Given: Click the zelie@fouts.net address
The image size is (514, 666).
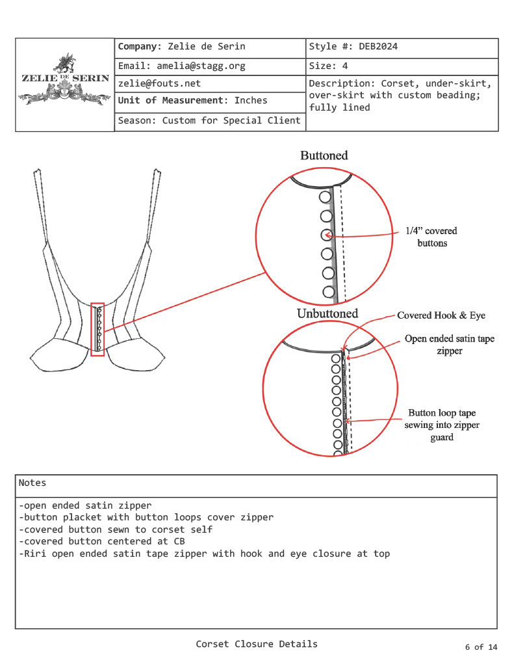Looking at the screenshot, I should pos(159,83).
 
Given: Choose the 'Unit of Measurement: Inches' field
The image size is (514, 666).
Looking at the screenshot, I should pos(192,101).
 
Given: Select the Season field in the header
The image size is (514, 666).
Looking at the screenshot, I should pos(209,121).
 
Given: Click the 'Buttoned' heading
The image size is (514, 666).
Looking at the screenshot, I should pos(324,155).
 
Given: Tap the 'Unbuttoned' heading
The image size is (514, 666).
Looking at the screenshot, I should pos(328,313).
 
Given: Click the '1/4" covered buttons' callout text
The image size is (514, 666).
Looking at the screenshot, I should pos(431,237).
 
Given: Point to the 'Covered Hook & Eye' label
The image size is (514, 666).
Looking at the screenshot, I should pos(441,315).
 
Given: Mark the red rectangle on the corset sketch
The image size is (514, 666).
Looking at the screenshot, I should pos(97,329).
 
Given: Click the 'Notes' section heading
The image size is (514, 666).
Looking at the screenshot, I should pos(32,483).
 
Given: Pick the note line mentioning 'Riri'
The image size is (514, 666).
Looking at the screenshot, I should pos(205,554).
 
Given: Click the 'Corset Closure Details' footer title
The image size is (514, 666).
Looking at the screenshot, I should pos(257,644).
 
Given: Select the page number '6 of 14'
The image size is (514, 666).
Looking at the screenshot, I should pos(481,647).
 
